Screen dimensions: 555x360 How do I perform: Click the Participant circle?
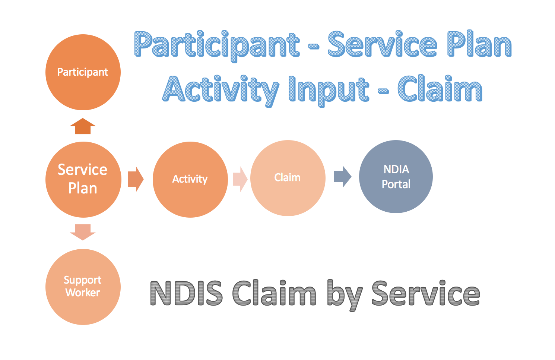pos(83,72)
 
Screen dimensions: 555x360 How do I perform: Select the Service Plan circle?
pos(83,180)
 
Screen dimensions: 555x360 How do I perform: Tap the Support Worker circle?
pos(83,287)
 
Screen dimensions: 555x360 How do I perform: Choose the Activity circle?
pos(190,180)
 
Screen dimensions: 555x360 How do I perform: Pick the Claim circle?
pos(288,178)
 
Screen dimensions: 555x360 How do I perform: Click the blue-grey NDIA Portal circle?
pos(396,177)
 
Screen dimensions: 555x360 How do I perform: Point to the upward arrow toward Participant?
pos(83,126)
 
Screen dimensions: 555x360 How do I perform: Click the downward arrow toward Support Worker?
pos(83,232)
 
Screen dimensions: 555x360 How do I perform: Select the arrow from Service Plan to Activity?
pos(136,179)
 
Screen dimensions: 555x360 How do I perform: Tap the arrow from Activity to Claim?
pos(240,179)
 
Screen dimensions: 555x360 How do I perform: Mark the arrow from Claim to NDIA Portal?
pos(343,177)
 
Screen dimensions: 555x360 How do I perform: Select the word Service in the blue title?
pos(382,44)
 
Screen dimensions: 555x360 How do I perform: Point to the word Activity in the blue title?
pos(221,91)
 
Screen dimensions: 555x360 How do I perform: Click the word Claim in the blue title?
pos(440,88)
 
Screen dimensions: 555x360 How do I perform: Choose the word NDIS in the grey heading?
pos(186,293)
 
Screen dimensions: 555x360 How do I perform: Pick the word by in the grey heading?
pos(345,295)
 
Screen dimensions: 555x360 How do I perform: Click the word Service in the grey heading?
pos(426,293)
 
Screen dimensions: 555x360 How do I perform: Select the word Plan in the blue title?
pos(479,44)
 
